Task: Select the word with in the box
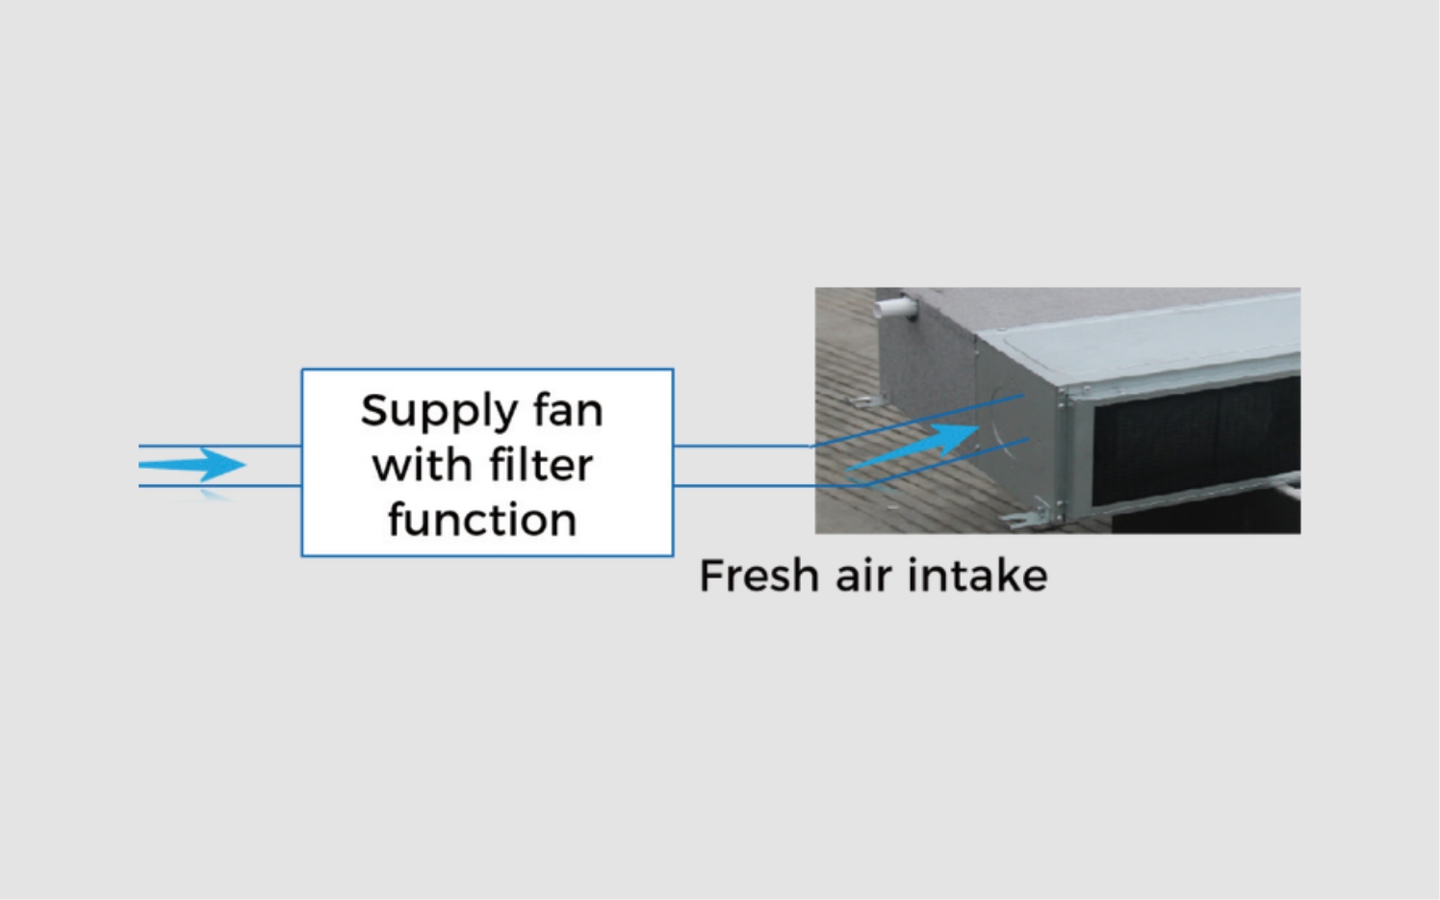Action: tap(421, 465)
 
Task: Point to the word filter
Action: tap(540, 465)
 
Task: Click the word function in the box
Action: tap(482, 520)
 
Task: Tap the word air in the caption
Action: tap(864, 577)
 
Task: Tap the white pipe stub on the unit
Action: tap(895, 308)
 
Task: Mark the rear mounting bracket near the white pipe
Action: tap(862, 399)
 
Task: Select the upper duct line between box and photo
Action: tap(741, 446)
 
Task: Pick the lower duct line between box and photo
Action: tap(741, 485)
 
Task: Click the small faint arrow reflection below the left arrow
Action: tap(216, 495)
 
